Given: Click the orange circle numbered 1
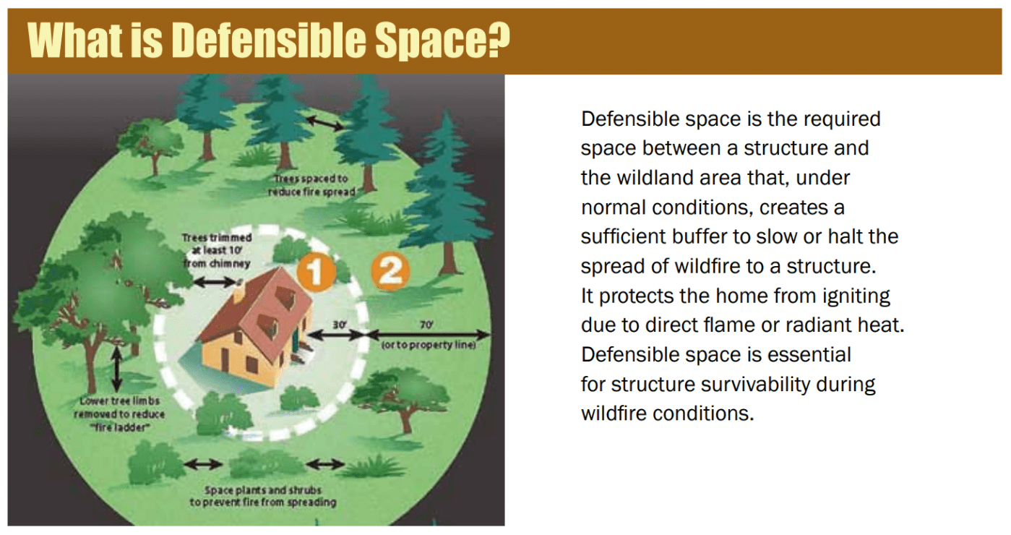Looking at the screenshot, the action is click(316, 272).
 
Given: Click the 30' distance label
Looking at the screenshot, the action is click(340, 325).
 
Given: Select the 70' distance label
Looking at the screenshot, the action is click(426, 325).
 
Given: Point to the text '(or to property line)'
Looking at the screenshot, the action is click(429, 345).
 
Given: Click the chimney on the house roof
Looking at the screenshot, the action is click(238, 294).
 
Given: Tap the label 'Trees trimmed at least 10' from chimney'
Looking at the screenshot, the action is click(217, 250).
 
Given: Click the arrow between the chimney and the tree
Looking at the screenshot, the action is click(215, 283).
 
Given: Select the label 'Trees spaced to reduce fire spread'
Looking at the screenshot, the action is click(311, 185).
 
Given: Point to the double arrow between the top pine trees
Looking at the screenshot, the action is click(324, 123).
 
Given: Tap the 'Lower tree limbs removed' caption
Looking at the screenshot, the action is click(120, 414).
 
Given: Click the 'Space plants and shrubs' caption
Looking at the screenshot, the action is click(262, 496).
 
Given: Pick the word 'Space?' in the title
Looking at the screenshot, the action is click(442, 40).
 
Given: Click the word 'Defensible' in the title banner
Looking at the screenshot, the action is click(269, 40).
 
